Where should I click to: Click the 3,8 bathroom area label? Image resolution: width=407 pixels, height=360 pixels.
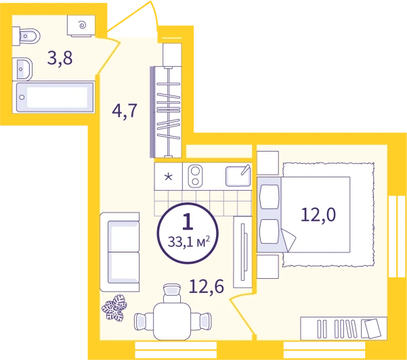click(x=60, y=58)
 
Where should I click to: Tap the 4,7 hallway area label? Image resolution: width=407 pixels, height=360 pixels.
click(x=125, y=111)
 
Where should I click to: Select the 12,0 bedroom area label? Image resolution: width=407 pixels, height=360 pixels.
click(x=318, y=215)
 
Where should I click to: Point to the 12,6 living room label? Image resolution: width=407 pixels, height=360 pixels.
click(x=207, y=287)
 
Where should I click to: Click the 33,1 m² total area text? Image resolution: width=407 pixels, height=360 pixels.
click(x=189, y=242)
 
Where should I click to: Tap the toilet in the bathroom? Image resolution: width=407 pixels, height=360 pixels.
click(x=26, y=36)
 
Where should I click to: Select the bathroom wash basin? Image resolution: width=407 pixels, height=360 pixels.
click(x=22, y=69)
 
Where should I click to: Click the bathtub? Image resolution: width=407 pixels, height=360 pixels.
click(x=55, y=97)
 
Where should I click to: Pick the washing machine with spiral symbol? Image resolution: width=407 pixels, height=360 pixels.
click(x=81, y=26)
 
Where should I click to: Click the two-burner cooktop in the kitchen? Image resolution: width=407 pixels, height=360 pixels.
click(x=195, y=176)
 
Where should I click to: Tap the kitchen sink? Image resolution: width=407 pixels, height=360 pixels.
click(x=238, y=175)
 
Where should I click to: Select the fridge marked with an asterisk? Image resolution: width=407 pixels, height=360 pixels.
click(x=168, y=177)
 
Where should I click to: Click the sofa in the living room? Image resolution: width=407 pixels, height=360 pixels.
click(x=120, y=252)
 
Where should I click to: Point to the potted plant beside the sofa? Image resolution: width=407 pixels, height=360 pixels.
click(x=114, y=308)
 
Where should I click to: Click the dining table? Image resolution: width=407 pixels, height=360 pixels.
click(x=172, y=321)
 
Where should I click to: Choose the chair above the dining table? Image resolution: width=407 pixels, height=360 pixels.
click(x=172, y=293)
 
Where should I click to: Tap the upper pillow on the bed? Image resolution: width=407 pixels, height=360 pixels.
click(x=270, y=197)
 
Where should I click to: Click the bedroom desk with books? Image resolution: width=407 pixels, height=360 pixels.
click(x=343, y=328)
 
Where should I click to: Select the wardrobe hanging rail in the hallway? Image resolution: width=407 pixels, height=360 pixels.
click(x=168, y=112)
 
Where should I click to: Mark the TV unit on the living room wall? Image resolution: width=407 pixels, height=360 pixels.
click(x=242, y=252)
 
